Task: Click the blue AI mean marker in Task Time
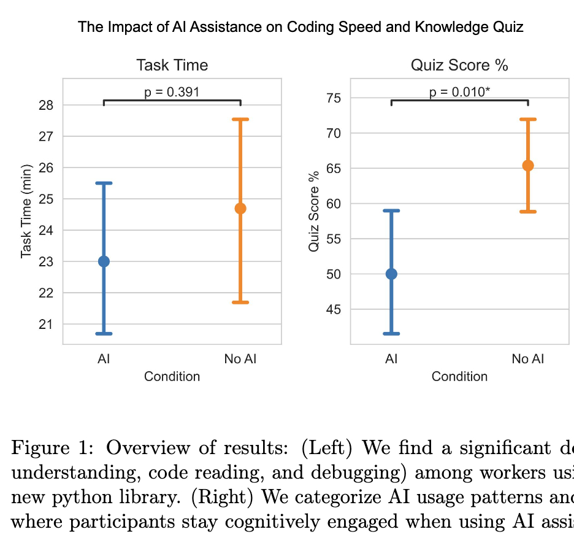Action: point(104,261)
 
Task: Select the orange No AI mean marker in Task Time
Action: point(240,209)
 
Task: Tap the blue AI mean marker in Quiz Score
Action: point(391,274)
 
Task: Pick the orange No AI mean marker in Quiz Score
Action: point(528,165)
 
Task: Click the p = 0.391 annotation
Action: point(172,93)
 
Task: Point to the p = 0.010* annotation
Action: point(459,93)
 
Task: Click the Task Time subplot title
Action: point(172,65)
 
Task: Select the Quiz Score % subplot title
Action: point(459,65)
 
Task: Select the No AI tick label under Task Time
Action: point(240,359)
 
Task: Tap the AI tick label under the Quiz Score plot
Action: point(391,359)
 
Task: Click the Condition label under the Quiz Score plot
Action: point(459,377)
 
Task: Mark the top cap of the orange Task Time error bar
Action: point(240,120)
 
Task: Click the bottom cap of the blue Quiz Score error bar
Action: point(391,334)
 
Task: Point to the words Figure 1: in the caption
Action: point(54,447)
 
